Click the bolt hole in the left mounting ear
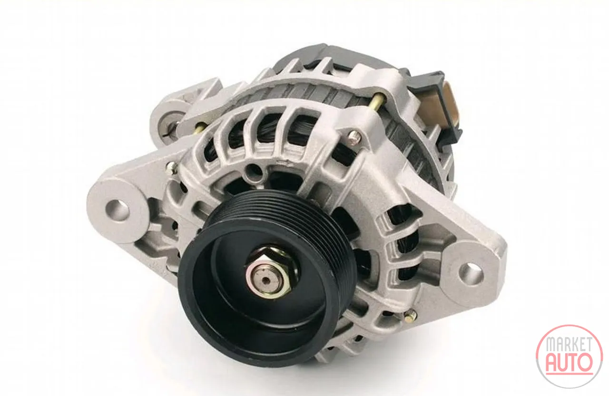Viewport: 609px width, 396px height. [118, 210]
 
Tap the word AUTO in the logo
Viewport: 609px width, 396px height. [569, 363]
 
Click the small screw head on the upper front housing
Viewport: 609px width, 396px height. [354, 136]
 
